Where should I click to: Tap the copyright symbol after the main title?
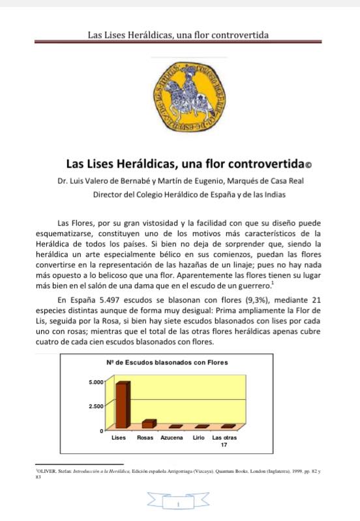click(309, 165)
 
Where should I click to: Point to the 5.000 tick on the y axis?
click(96, 381)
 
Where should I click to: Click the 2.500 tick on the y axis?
click(96, 406)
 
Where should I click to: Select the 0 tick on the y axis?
click(102, 431)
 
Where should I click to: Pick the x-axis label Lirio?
click(198, 438)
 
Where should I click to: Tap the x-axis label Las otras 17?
click(224, 441)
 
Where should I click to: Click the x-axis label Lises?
click(119, 438)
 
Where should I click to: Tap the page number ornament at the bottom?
click(178, 503)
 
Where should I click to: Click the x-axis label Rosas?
click(145, 438)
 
